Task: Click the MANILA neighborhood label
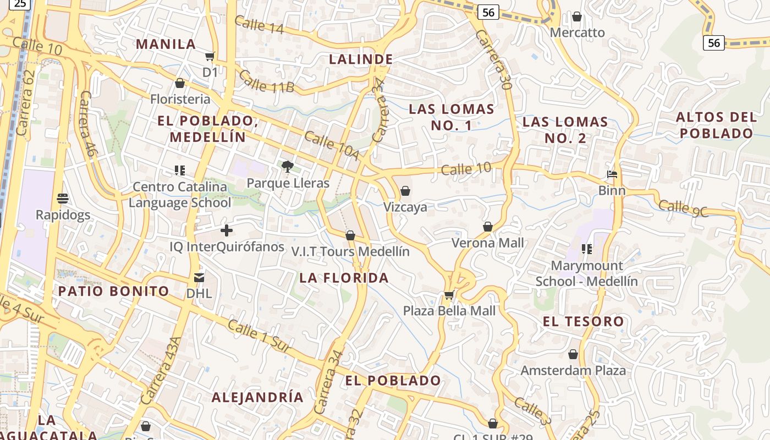coord(166,44)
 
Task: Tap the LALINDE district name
coord(361,59)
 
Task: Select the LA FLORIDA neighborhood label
coord(344,278)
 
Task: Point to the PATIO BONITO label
coord(113,291)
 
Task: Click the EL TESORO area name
coord(584,321)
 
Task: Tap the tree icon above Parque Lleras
coord(287,166)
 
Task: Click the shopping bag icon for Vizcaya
coord(405,191)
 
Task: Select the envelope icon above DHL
coord(199,278)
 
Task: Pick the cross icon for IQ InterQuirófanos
coord(227,230)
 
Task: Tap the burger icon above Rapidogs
coord(63,198)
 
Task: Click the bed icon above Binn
coord(612,174)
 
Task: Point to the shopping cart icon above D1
coord(210,56)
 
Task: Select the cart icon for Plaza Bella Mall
coord(449,295)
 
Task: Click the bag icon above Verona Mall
coord(487,227)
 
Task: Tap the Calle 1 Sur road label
coord(258,335)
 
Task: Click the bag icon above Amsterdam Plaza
coord(573,354)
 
